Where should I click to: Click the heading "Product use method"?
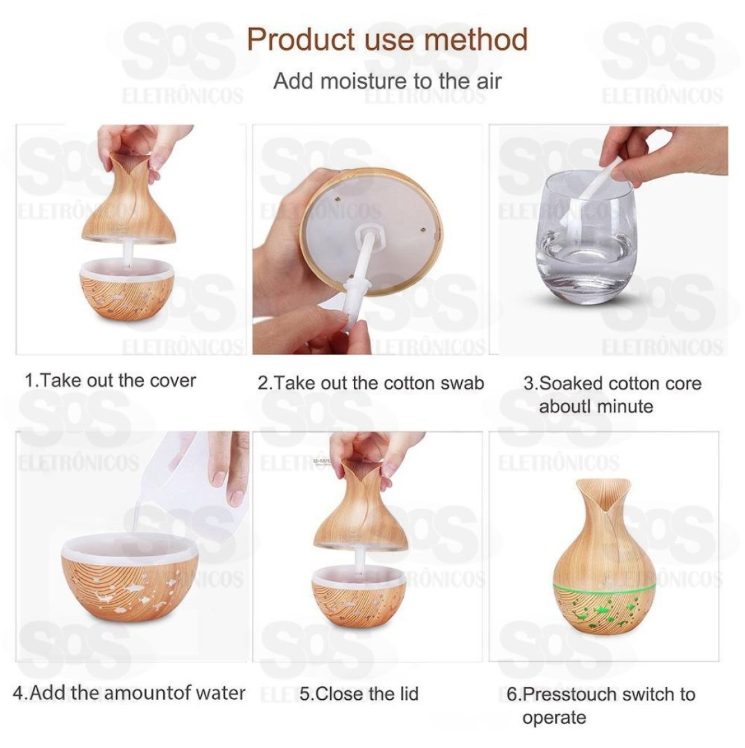pos(387,39)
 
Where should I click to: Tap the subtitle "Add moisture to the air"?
pos(387,81)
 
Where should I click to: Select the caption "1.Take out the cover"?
pos(110,380)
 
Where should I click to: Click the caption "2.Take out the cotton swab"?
pos(371,383)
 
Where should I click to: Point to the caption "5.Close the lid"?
pos(359,693)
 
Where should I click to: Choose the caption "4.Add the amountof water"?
pos(128,693)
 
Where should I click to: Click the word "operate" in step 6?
pos(554,718)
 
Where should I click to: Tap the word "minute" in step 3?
pos(624,406)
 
